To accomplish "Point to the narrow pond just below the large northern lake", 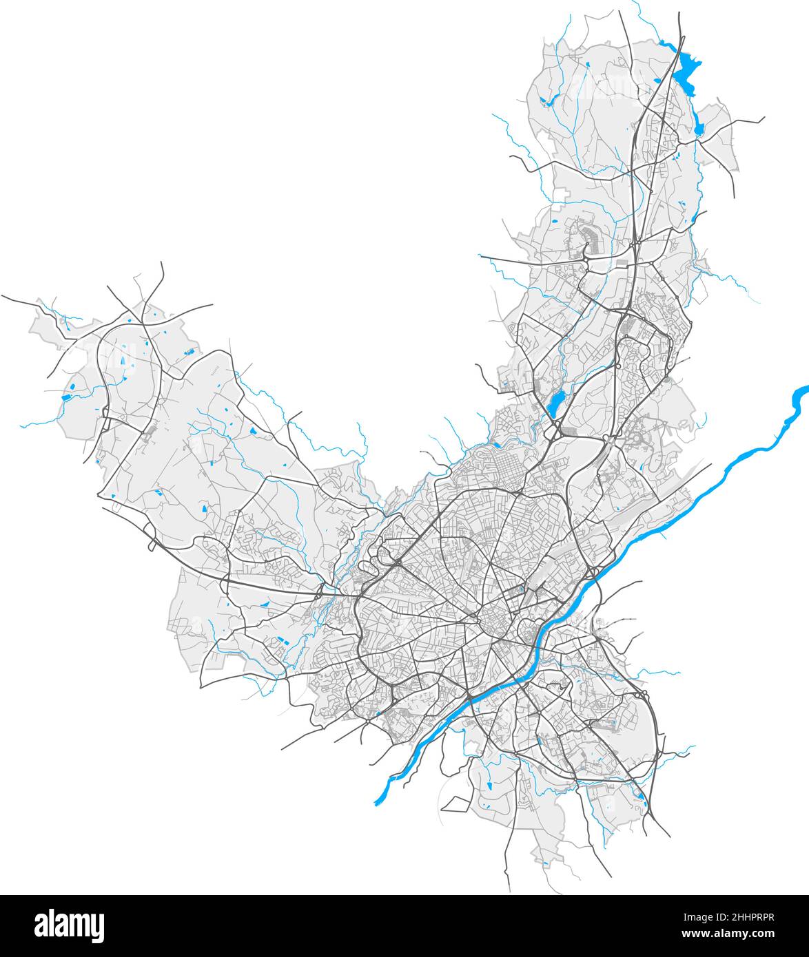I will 699,127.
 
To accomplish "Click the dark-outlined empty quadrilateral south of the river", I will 456,803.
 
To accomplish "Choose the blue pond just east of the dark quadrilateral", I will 489,784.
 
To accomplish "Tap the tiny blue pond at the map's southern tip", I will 545,862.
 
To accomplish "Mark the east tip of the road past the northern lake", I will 764,118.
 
